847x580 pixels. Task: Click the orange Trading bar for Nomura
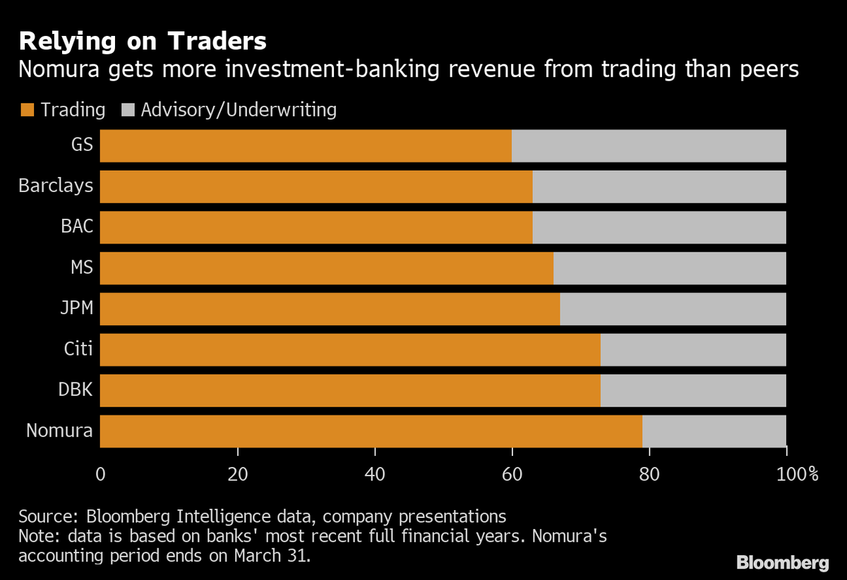[x=371, y=431]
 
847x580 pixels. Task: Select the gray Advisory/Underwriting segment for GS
[x=649, y=146]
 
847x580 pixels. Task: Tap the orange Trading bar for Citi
[x=350, y=350]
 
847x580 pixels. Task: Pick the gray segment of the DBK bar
[x=693, y=390]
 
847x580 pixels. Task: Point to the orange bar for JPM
[x=330, y=309]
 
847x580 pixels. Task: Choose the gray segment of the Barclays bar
[x=659, y=187]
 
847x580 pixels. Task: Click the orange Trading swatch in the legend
[x=28, y=110]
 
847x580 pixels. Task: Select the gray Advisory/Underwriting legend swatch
[x=128, y=110]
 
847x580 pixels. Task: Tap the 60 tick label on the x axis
[x=512, y=474]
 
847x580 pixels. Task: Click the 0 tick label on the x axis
[x=100, y=474]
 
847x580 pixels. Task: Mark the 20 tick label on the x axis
[x=238, y=474]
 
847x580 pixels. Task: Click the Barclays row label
[x=56, y=187]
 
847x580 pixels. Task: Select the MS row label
[x=81, y=268]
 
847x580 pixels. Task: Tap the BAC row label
[x=77, y=227]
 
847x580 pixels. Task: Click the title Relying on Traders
[x=143, y=41]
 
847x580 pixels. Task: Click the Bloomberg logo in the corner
[x=782, y=562]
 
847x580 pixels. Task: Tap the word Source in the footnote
[x=42, y=515]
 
